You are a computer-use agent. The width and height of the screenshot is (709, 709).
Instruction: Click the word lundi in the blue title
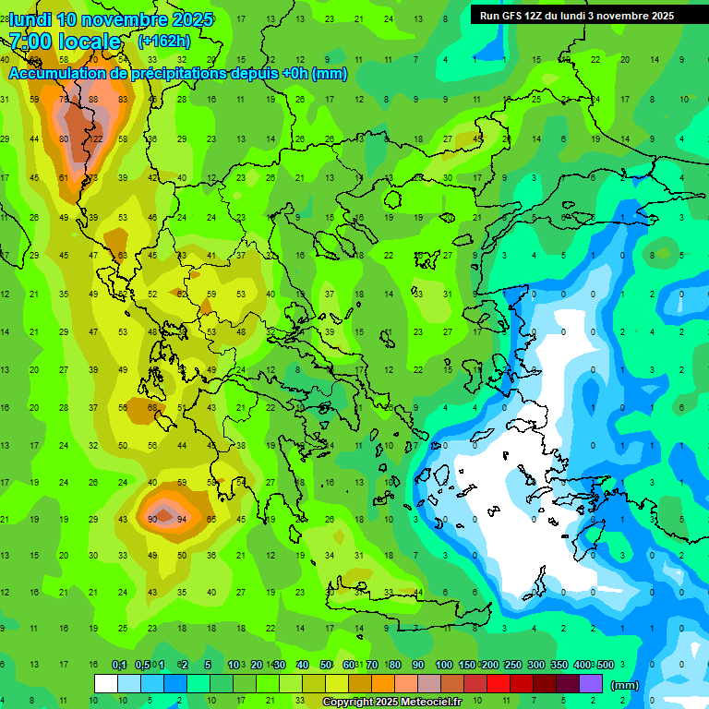pyautogui.click(x=30, y=19)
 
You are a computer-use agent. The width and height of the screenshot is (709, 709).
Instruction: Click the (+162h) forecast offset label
pyautogui.click(x=165, y=42)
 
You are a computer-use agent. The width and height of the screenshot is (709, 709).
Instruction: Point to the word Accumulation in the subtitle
pyautogui.click(x=62, y=74)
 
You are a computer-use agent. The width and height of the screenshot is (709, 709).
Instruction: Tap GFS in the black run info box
pyautogui.click(x=512, y=16)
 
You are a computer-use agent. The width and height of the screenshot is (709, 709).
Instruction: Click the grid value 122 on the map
pyautogui.click(x=95, y=138)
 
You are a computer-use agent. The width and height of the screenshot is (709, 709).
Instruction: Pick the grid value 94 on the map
pyautogui.click(x=182, y=519)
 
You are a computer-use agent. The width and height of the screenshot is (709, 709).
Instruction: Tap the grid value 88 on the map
pyautogui.click(x=93, y=100)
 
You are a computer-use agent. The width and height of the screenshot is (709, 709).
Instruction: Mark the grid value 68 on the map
pyautogui.click(x=152, y=407)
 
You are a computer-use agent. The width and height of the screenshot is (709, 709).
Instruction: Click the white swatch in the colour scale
pyautogui.click(x=106, y=684)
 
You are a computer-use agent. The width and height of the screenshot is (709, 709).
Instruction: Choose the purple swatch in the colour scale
pyautogui.click(x=591, y=684)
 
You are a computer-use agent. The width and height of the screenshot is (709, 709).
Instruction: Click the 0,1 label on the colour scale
pyautogui.click(x=119, y=666)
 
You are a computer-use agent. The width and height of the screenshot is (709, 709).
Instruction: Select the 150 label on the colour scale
pyautogui.click(x=468, y=666)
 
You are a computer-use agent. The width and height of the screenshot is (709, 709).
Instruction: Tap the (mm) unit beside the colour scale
pyautogui.click(x=625, y=685)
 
